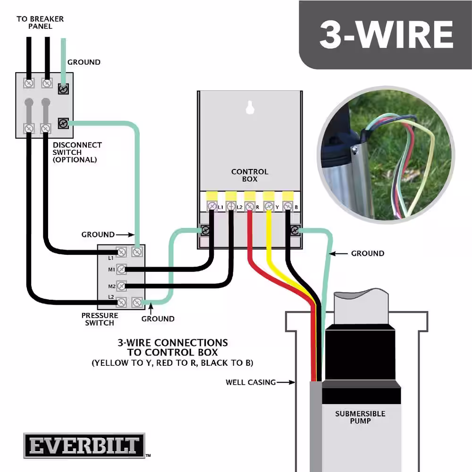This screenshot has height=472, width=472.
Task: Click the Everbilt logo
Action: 84,446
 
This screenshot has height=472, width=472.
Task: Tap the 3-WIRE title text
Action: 386,35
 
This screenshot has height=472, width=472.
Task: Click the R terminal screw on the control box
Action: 250,207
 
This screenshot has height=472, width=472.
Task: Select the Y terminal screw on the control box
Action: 269,207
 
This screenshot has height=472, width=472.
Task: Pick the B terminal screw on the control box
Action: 288,207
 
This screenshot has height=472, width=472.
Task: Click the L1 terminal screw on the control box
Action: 212,207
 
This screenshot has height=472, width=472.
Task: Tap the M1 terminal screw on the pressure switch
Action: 121,269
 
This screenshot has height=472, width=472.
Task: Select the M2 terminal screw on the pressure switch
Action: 121,286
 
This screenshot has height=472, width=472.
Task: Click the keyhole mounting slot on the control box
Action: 250,108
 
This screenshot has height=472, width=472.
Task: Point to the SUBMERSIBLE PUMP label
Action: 360,417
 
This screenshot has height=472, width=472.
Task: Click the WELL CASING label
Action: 251,382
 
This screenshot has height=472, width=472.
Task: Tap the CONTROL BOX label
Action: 250,175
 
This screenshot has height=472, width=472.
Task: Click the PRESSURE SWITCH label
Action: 100,319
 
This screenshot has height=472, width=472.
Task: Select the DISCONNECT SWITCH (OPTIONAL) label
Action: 77,152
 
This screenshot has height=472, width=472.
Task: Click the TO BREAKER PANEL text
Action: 40,23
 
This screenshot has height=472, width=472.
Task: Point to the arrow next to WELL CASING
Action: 286,382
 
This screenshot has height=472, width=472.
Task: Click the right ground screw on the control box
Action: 295,230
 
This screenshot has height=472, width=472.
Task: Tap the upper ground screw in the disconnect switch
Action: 63,89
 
